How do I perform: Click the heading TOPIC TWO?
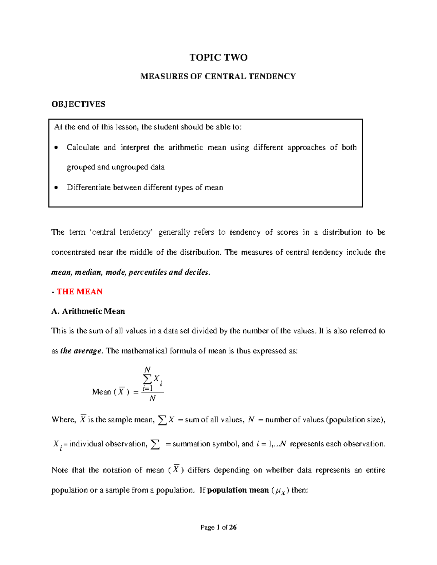point(218,57)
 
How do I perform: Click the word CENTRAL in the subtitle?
point(225,76)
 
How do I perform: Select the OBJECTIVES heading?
point(78,104)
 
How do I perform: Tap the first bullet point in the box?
point(56,148)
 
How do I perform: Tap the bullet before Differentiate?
point(56,188)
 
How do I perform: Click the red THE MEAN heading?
point(79,291)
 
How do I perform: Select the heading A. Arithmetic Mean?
point(88,311)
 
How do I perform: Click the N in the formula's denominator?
point(153,398)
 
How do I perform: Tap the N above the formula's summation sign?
point(147,369)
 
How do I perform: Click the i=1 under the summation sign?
point(147,388)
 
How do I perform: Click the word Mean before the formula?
point(102,392)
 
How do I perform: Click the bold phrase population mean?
point(238,490)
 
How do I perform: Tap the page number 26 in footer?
point(233,527)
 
